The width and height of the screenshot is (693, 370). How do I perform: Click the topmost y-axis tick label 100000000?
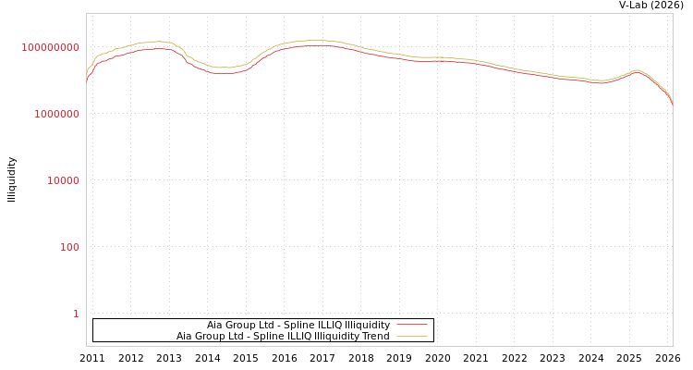point(51,47)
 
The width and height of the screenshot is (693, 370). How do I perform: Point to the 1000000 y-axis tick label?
point(56,114)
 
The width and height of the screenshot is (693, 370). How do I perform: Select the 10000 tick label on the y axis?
point(63,180)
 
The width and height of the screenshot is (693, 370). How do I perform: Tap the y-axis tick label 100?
point(69,247)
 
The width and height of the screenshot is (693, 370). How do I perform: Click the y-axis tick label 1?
point(76,314)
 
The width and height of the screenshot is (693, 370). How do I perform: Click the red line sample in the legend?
point(412,325)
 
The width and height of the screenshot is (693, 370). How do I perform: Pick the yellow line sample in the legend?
point(412,336)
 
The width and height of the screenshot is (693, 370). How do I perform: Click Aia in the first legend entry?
point(214,325)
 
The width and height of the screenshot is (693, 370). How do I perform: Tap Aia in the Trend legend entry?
point(184,336)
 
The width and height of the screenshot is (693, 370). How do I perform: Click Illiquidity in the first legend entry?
point(367,325)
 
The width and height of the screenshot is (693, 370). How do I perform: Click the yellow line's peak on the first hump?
point(160,42)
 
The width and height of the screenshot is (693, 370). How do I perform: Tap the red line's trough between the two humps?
point(222,73)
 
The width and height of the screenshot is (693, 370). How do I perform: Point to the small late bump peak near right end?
point(636,70)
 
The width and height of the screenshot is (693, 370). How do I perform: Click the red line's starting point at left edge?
point(87,80)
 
